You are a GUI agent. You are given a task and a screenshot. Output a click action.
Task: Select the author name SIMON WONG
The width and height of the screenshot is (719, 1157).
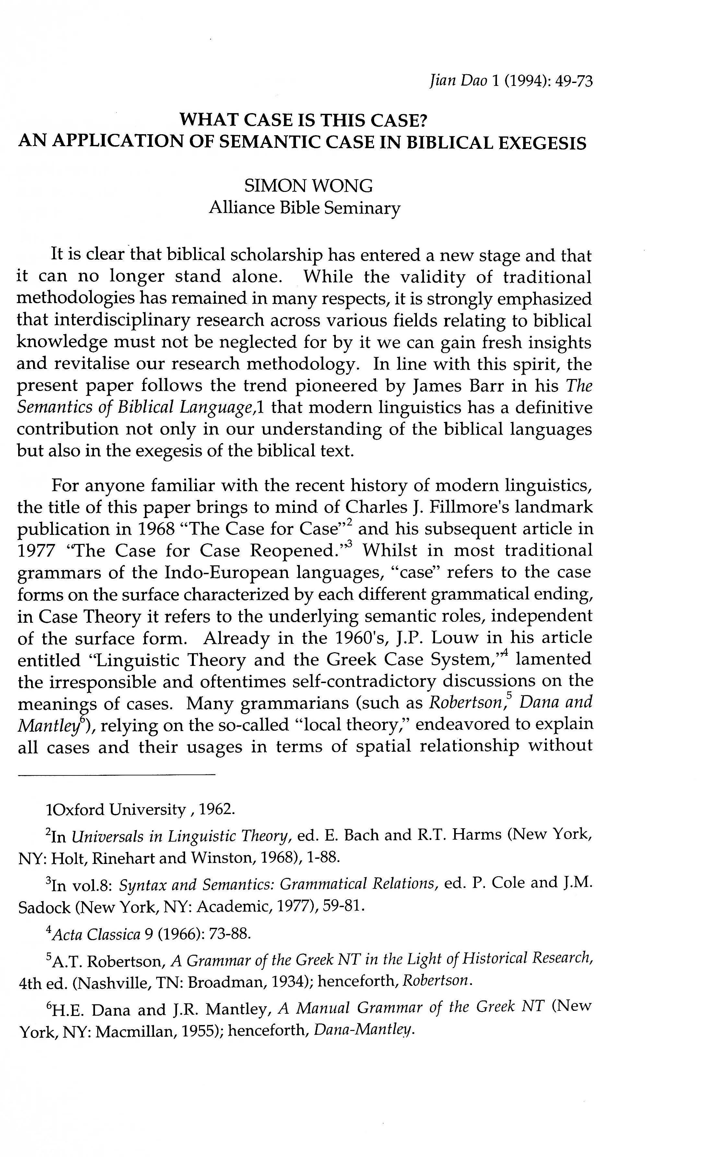pos(308,186)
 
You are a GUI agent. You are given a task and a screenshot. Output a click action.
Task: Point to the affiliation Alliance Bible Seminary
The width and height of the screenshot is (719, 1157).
pos(304,208)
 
